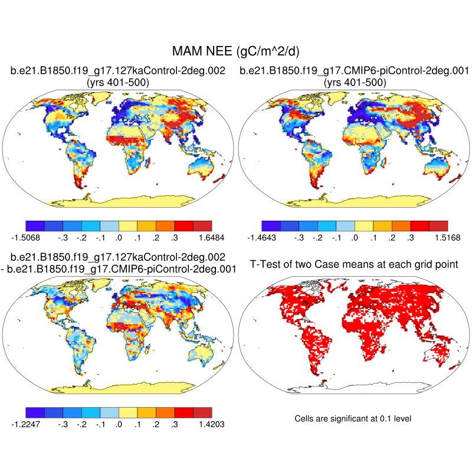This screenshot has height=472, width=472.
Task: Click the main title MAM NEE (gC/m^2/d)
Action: pyautogui.click(x=236, y=52)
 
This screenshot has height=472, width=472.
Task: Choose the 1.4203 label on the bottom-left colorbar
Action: pyautogui.click(x=211, y=423)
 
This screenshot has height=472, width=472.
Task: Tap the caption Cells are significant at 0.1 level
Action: pyautogui.click(x=352, y=418)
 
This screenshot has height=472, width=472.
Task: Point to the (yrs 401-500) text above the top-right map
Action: pyautogui.click(x=354, y=83)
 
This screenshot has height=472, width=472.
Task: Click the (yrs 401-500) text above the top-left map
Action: pyautogui.click(x=118, y=83)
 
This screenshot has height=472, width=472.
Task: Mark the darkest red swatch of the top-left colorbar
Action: pyautogui.click(x=202, y=225)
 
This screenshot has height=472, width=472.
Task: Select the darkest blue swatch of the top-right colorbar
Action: pyautogui.click(x=271, y=225)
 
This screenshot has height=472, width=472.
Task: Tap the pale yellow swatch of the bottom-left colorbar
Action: pyautogui.click(x=127, y=411)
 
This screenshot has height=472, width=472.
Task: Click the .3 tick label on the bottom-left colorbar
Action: pyautogui.click(x=175, y=423)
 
